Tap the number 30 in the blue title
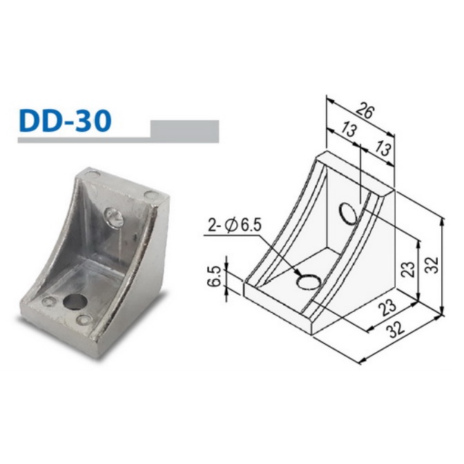(93, 120)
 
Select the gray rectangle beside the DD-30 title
(184, 130)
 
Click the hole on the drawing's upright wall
(349, 213)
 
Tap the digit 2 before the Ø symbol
(210, 225)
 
